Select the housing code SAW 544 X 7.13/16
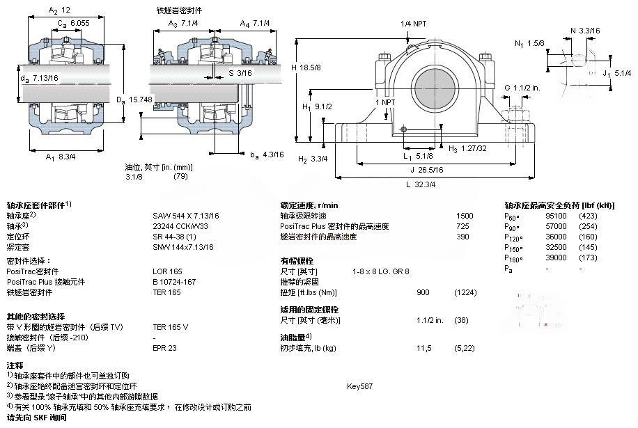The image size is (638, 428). tap(186, 216)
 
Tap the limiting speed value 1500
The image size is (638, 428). tap(464, 216)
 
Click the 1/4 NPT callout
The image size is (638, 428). tap(413, 24)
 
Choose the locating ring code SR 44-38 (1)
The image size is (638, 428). tap(173, 236)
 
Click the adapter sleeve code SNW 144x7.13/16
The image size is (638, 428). tap(183, 246)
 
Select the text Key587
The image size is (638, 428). tap(359, 386)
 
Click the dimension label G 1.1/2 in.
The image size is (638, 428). tap(522, 88)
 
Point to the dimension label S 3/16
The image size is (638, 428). tap(241, 72)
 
